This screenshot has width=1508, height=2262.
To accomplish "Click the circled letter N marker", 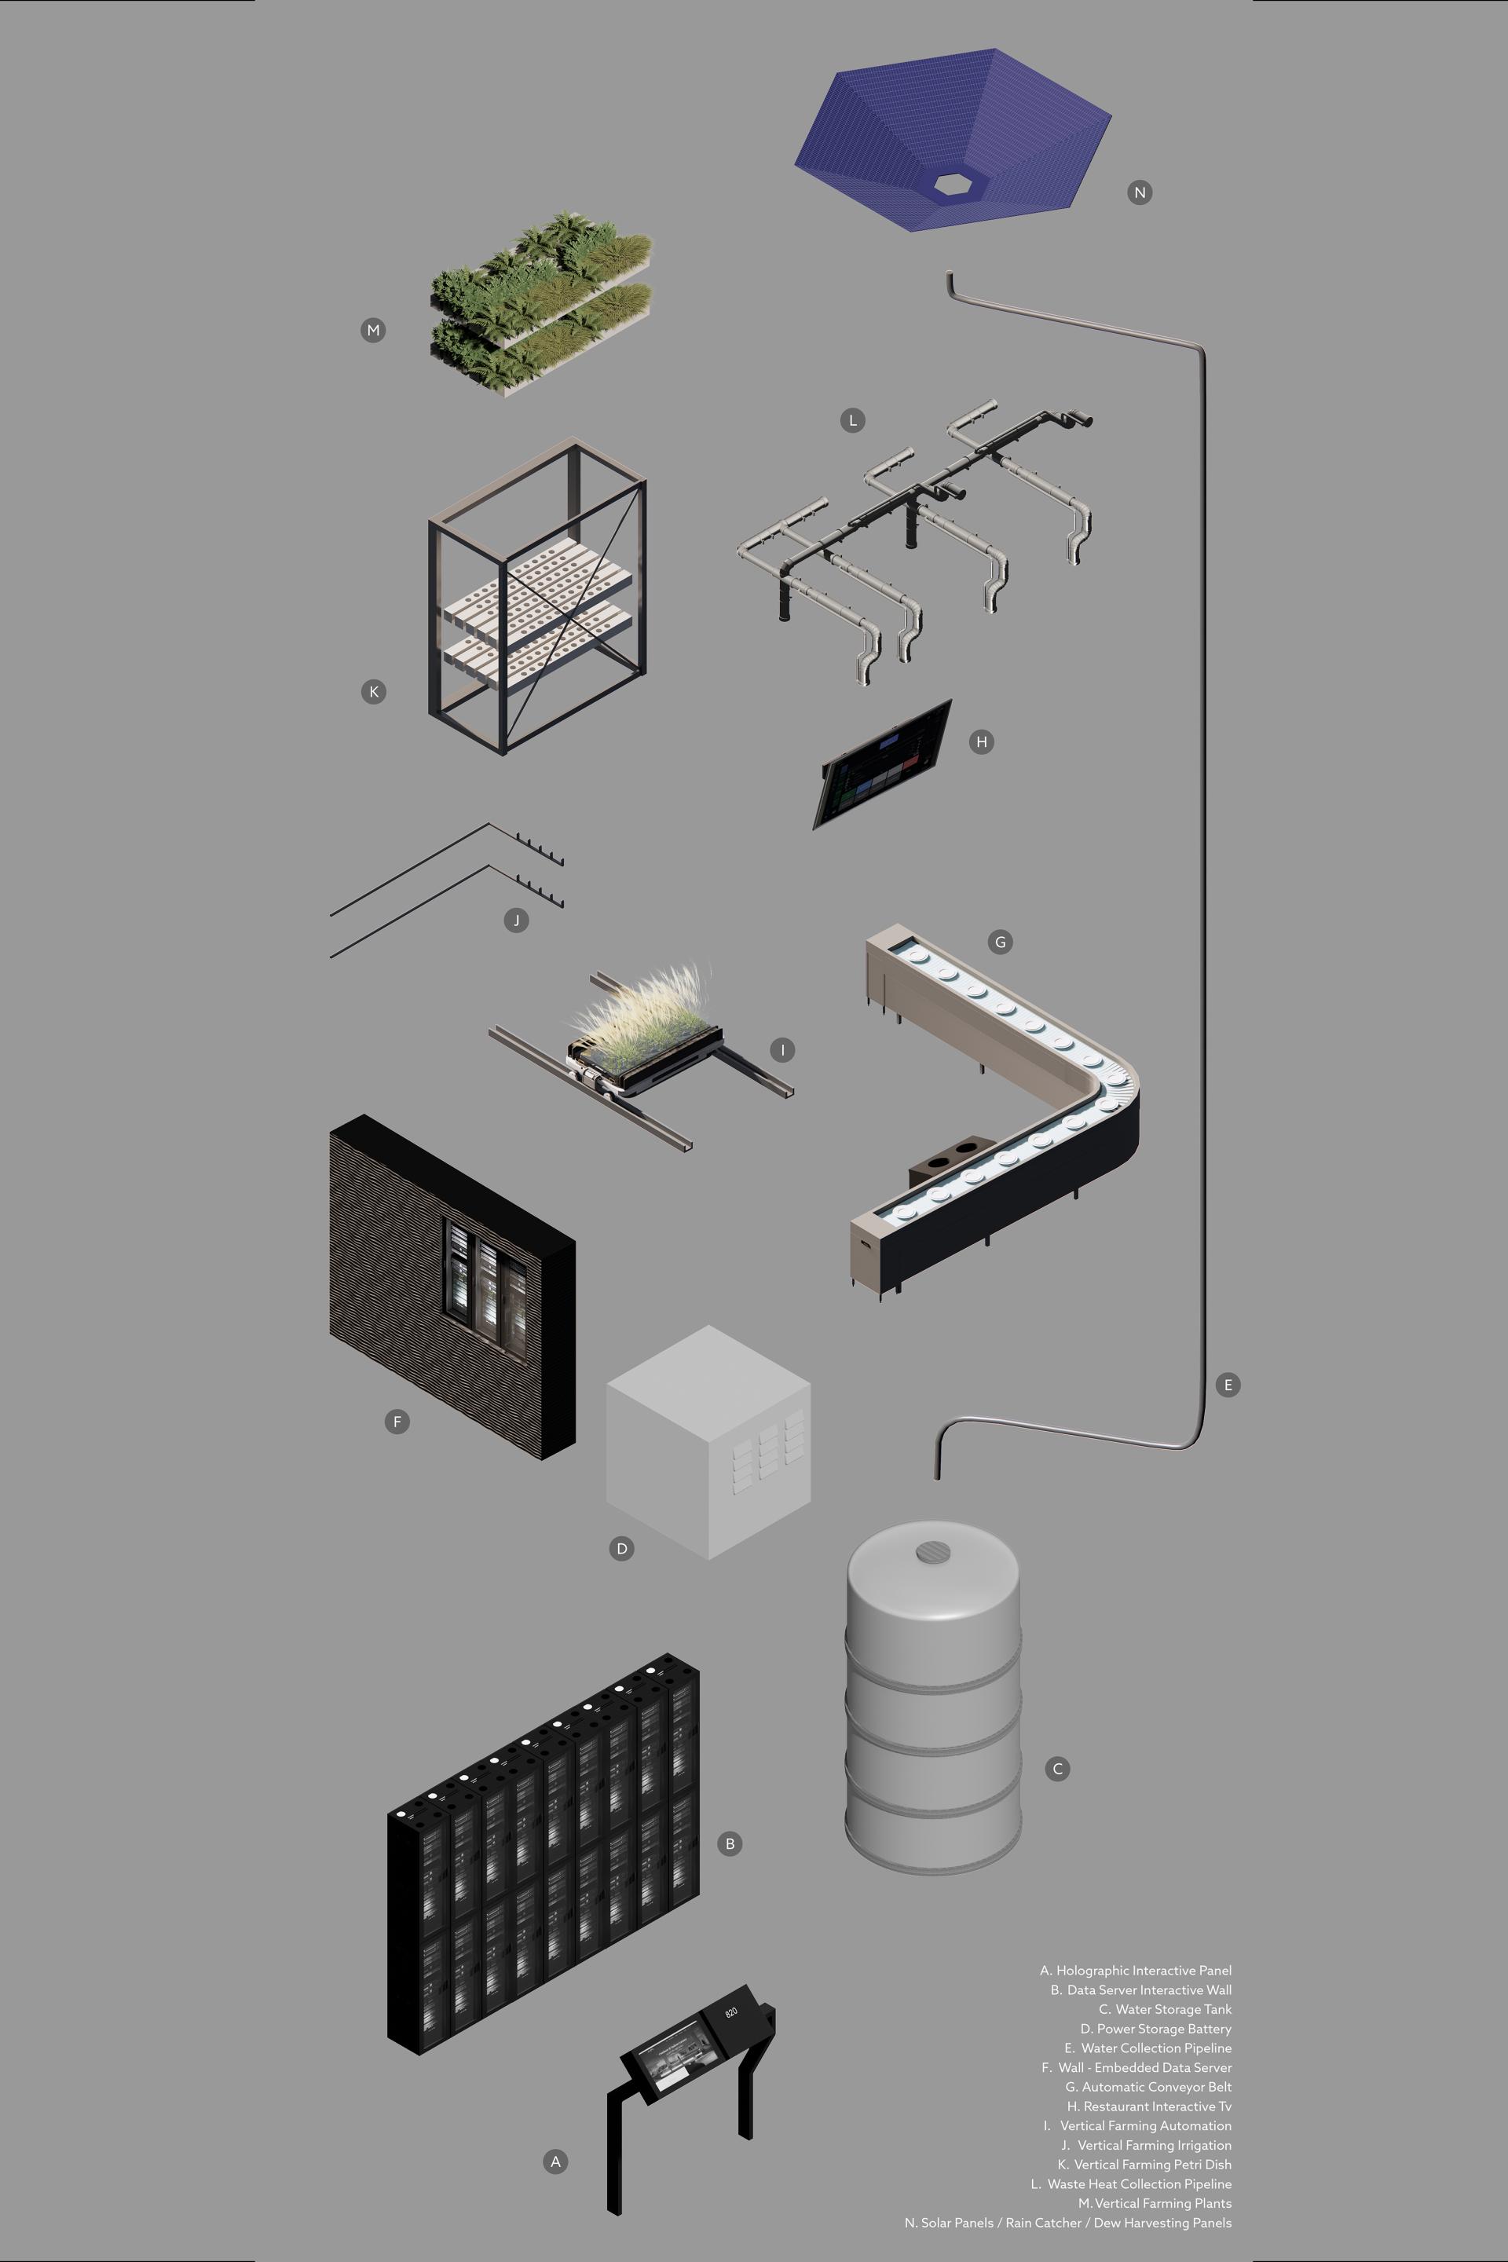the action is point(1140,192).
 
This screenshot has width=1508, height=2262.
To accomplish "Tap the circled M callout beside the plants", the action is point(373,330).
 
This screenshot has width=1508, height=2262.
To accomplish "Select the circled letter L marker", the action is point(852,420).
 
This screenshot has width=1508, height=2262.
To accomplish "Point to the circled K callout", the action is point(373,691).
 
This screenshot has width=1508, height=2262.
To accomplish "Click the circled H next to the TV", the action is point(981,741).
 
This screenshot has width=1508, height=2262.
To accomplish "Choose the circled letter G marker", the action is point(1000,942).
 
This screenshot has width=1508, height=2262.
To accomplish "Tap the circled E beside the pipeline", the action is point(1227,1385).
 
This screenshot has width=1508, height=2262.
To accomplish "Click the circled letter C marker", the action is point(1057,1769).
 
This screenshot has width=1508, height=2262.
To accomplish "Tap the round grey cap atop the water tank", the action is point(933,1551).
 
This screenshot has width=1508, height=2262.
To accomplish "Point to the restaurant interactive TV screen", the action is point(883,764).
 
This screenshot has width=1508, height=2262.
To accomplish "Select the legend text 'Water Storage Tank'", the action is point(1173,2009).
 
